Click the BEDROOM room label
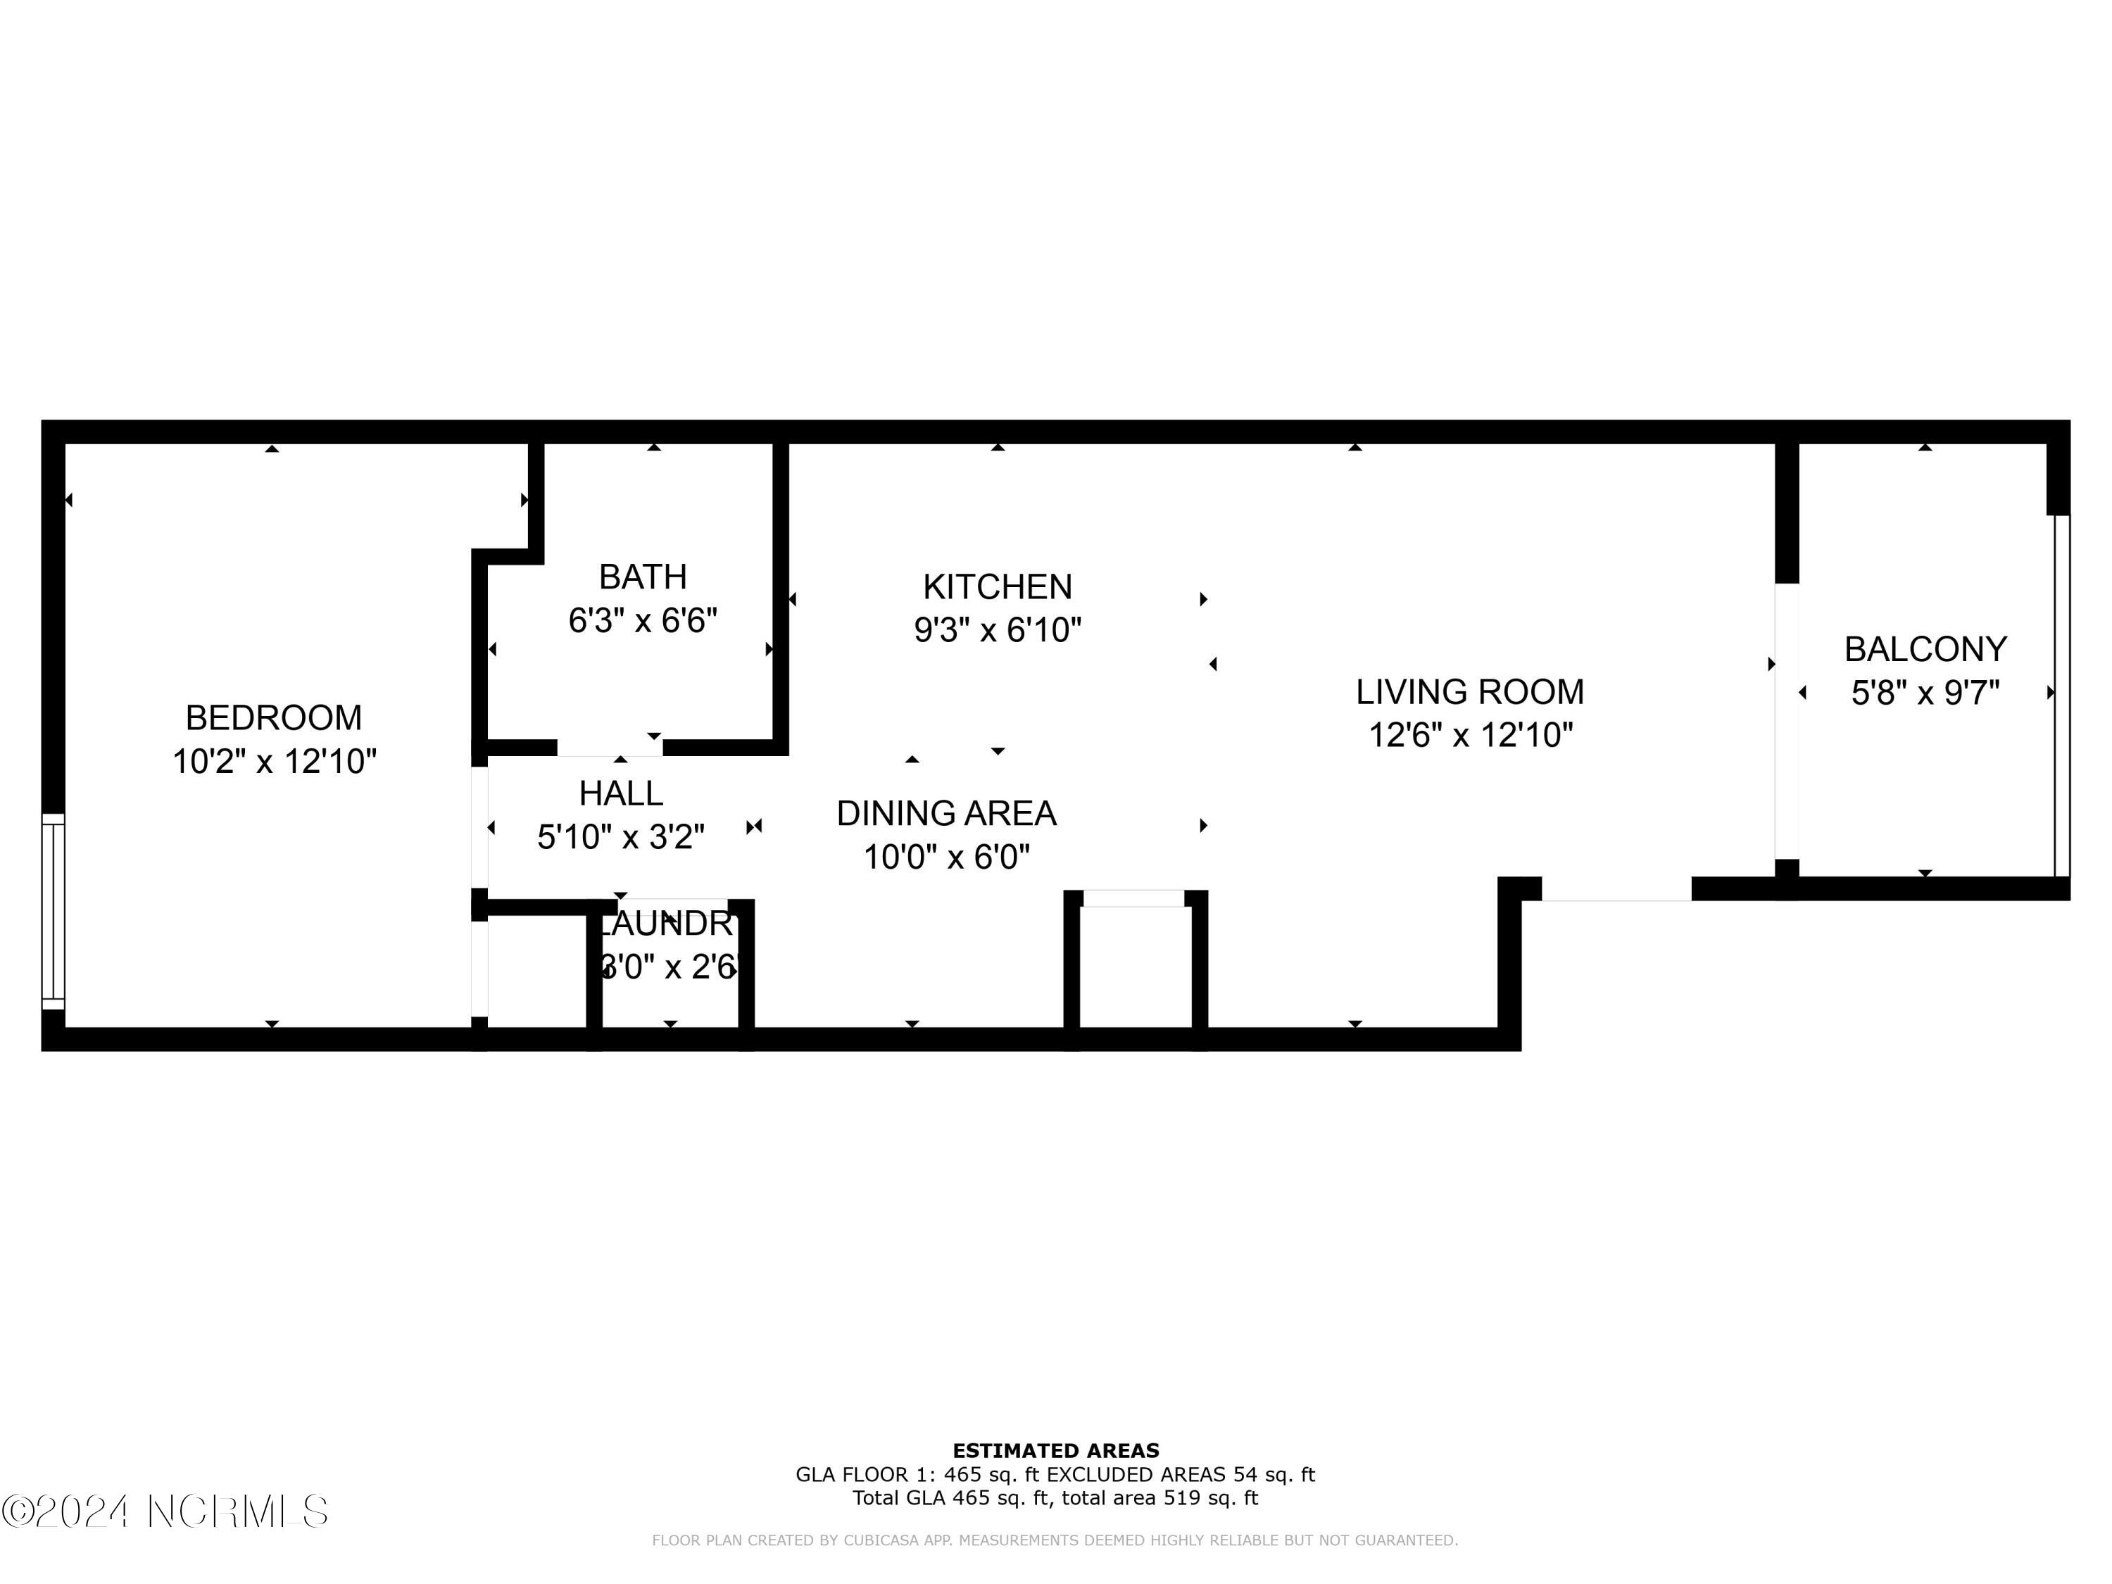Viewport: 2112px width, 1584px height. [x=273, y=717]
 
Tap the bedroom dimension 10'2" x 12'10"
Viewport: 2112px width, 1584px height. [x=274, y=762]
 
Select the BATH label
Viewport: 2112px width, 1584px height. [x=643, y=577]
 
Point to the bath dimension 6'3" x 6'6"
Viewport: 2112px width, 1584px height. [x=643, y=622]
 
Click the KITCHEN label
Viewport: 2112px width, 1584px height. [x=997, y=586]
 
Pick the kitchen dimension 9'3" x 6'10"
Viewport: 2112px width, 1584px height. [x=997, y=630]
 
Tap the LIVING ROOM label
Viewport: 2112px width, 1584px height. [x=1469, y=691]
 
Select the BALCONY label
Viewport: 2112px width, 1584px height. [x=1925, y=649]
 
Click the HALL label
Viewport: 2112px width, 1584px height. [x=621, y=793]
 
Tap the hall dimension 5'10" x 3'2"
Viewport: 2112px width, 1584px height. [x=621, y=837]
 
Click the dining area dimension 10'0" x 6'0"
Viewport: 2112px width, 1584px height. [x=946, y=857]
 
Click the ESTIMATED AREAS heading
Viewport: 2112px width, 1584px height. [x=1055, y=1451]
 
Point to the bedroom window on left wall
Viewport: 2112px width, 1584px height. [x=54, y=912]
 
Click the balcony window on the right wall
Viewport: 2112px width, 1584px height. [x=2061, y=695]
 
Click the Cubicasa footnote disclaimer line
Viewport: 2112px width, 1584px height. [x=1055, y=1540]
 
